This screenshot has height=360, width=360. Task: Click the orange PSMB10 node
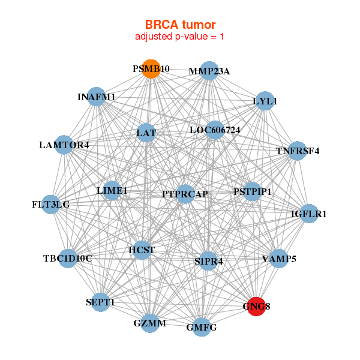coord(151,69)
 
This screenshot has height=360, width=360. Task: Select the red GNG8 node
coord(256,307)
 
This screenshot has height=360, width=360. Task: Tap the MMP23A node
coord(209,71)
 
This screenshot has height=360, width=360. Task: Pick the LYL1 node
coord(265,101)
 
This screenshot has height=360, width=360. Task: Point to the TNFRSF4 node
coord(298,151)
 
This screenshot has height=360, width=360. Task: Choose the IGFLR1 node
coord(309,214)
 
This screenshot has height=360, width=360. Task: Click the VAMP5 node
coord(279,259)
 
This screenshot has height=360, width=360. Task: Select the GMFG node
coord(202,327)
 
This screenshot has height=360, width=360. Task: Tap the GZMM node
coord(149,323)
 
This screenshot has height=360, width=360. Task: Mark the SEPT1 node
coord(100,302)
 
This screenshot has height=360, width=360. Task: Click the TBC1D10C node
coord(68,259)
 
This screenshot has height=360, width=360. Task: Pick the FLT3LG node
coord(50,205)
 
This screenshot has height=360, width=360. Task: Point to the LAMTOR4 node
coord(64,145)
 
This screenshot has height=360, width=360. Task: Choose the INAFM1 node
coord(97,97)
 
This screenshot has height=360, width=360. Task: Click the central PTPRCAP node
coord(185,194)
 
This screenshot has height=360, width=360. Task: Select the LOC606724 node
coord(215,130)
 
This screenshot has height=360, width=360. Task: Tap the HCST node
coord(142,250)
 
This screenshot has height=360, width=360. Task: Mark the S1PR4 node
coord(208,261)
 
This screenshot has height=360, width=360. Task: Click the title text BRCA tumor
coord(180,25)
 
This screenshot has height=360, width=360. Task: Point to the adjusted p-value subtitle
coord(179,37)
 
